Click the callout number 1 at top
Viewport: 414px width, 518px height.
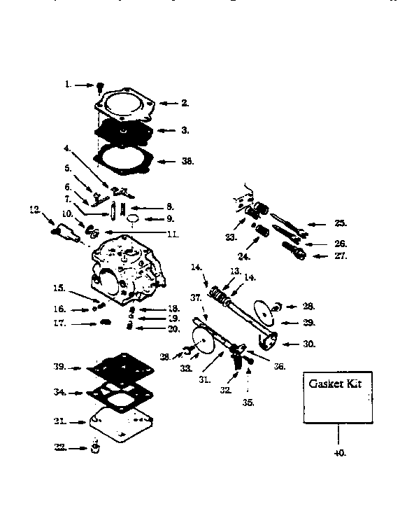coord(69,85)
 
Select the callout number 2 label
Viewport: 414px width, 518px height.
coord(185,103)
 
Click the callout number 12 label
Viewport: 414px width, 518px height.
coord(33,209)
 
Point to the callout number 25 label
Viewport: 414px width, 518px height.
coord(341,224)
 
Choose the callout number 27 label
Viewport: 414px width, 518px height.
coord(341,257)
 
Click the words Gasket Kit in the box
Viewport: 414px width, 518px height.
coord(336,386)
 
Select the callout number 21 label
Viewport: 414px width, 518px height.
coord(61,422)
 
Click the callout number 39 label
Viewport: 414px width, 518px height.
coord(61,367)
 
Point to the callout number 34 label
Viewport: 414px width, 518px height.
coord(61,393)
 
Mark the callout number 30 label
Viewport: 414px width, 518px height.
coord(309,344)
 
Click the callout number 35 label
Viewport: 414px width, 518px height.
coord(248,402)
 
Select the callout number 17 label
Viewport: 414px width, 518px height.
coord(61,323)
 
